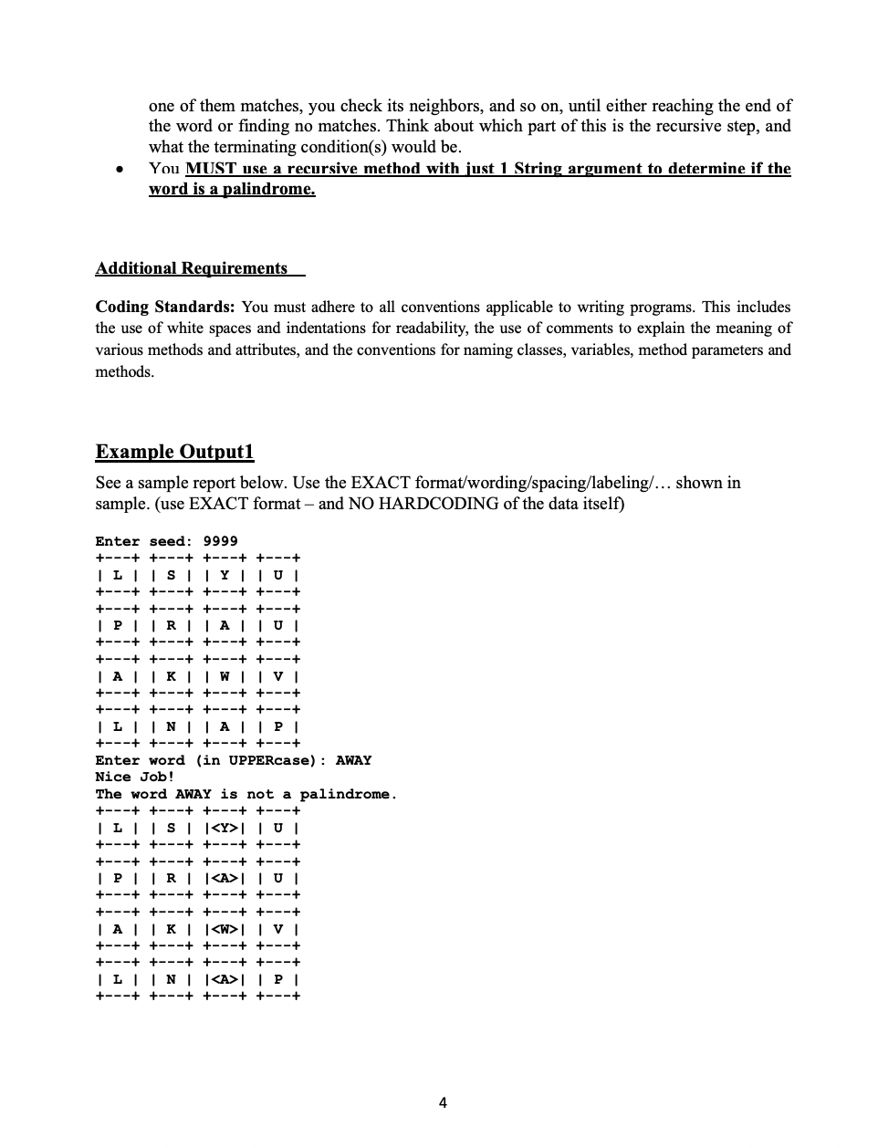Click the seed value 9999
click(220, 541)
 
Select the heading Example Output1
click(174, 452)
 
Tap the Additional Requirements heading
click(192, 268)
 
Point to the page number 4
click(443, 1102)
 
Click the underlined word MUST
click(212, 169)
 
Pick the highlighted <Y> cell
click(225, 828)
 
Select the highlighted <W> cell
click(225, 929)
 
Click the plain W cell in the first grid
click(225, 676)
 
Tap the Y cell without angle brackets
click(225, 575)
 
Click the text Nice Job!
click(134, 777)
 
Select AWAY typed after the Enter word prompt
click(353, 760)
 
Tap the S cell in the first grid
click(171, 575)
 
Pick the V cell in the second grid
click(278, 929)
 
